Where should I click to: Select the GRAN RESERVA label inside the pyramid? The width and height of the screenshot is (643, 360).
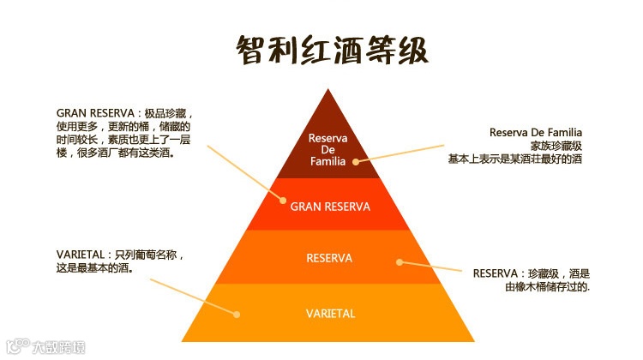pyautogui.click(x=330, y=207)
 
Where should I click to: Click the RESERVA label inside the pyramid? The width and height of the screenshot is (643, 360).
pyautogui.click(x=329, y=257)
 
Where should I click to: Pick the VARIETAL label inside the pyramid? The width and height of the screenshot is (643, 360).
pyautogui.click(x=330, y=313)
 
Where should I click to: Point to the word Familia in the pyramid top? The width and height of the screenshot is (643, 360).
pyautogui.click(x=327, y=160)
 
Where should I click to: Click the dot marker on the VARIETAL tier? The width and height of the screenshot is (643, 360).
pyautogui.click(x=237, y=315)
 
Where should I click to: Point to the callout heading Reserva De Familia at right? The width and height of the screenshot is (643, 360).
pyautogui.click(x=536, y=133)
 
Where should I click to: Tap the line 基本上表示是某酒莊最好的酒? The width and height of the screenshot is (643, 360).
pyautogui.click(x=515, y=159)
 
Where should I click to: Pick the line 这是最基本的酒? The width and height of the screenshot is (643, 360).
pyautogui.click(x=99, y=267)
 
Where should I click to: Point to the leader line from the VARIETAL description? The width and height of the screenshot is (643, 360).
pyautogui.click(x=197, y=297)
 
